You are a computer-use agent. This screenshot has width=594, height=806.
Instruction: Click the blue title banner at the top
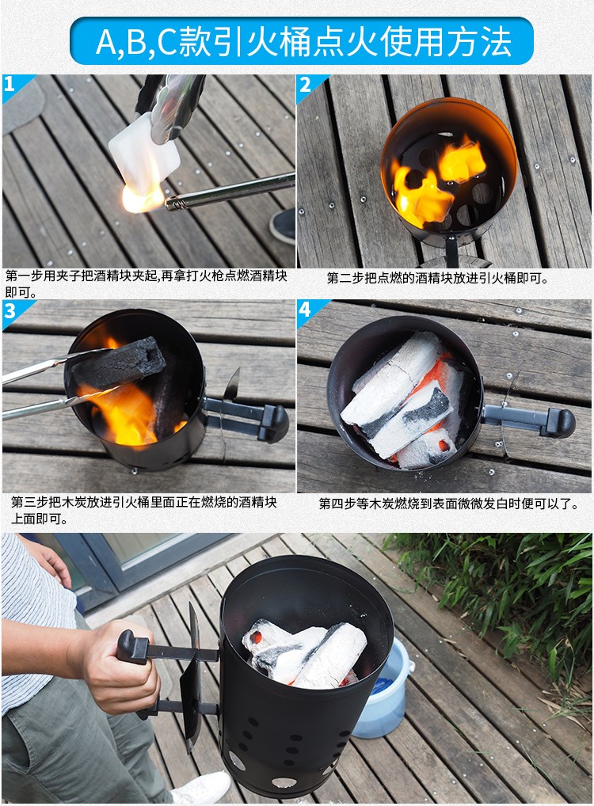pos(302,40)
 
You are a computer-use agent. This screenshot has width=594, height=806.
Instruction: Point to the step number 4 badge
pos(307,310)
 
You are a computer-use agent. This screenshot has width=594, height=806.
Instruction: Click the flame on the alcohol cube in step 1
pos(143,199)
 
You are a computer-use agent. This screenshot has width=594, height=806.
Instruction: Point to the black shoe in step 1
pos(283,226)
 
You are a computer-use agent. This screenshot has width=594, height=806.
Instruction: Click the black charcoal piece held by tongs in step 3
pos(119,363)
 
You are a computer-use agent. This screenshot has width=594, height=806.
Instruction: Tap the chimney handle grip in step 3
pos(275,424)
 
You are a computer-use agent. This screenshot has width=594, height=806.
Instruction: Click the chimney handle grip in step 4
pos(560,423)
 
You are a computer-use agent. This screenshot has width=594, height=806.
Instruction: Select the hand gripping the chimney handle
pos(118,671)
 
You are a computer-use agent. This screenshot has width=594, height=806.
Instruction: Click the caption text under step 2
pos(438,278)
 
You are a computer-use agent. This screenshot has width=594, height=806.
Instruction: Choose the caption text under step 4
pos(448,504)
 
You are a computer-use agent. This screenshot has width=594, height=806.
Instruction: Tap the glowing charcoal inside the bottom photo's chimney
pos(304,654)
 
